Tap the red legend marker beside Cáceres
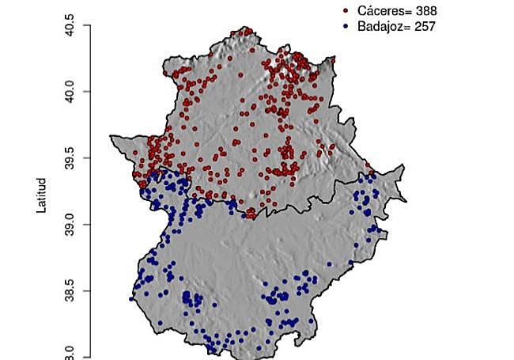pyautogui.click(x=346, y=11)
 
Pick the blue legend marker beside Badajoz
pyautogui.click(x=346, y=26)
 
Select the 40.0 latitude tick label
pyautogui.click(x=71, y=92)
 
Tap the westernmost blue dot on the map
pyautogui.click(x=131, y=299)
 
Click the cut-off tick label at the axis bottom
pyautogui.click(x=71, y=353)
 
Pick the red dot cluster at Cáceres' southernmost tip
pyautogui.click(x=251, y=212)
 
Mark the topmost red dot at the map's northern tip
pyautogui.click(x=248, y=31)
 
